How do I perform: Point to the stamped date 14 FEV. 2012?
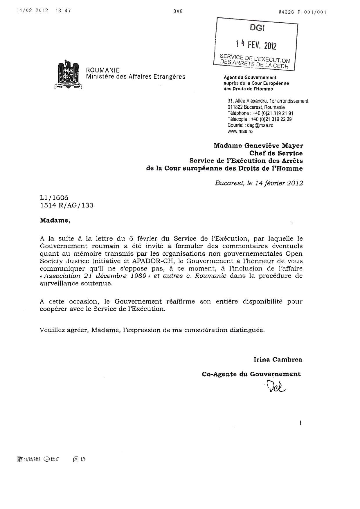click(x=256, y=45)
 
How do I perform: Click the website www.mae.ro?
click(x=240, y=131)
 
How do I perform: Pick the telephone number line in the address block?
click(x=260, y=113)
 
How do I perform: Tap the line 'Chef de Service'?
click(x=276, y=153)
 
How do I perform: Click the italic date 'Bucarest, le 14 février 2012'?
click(x=259, y=183)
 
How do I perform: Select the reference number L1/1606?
click(x=54, y=198)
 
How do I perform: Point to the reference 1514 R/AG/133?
click(x=67, y=205)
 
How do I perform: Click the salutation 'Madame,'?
click(x=55, y=220)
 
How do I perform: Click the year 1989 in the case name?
click(x=138, y=276)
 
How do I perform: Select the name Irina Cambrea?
click(x=278, y=360)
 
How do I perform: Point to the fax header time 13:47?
click(x=63, y=11)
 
